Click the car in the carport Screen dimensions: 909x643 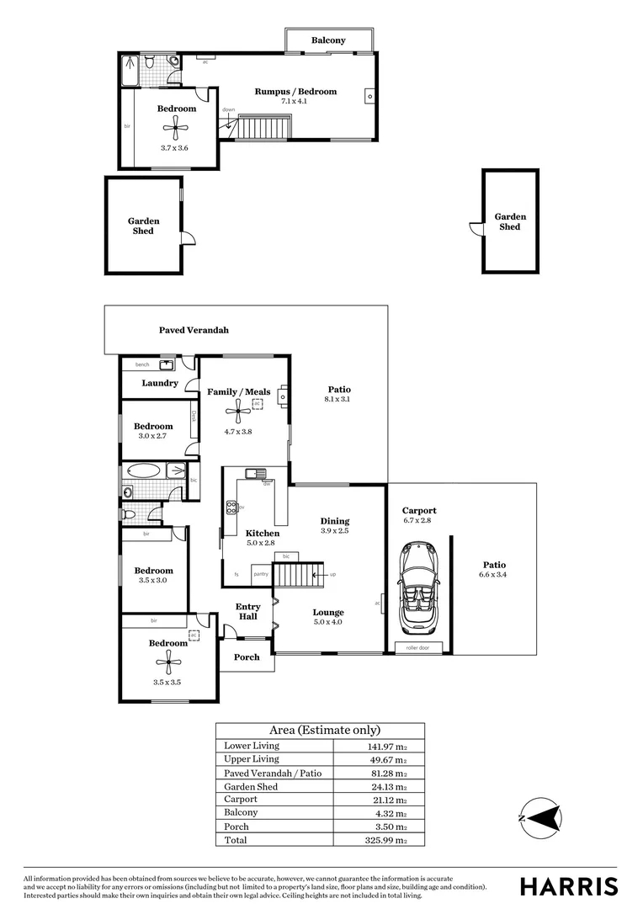417,588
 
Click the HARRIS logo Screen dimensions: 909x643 568,886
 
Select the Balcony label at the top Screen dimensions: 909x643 328,40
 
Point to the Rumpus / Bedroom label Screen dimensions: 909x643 295,92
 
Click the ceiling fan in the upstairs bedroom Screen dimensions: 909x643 176,128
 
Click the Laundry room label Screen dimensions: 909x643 160,384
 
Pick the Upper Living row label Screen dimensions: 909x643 252,759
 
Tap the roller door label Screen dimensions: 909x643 417,647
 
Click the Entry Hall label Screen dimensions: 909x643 247,611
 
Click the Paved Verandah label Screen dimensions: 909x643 194,330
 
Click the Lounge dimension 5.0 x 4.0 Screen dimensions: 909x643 328,623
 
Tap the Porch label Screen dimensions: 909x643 247,657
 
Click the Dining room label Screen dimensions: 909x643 334,521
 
